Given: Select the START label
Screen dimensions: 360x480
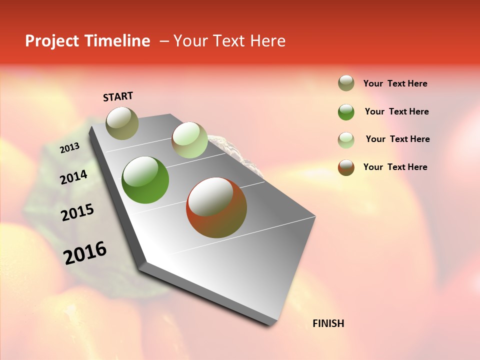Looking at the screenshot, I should pos(118,96).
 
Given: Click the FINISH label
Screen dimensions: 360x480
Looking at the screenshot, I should pos(328,323).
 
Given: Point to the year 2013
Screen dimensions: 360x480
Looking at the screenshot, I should pos(69,148).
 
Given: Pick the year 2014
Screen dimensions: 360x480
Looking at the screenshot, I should pos(73,177).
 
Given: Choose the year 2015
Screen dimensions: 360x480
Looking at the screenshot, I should pos(77,212).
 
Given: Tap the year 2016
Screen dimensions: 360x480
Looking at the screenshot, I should pos(85,253).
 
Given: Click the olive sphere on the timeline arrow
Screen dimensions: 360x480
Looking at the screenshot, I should pos(122,123).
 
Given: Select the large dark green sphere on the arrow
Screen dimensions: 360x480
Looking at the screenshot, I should pos(145,180).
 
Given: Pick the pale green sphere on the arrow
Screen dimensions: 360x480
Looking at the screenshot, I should pos(189,140).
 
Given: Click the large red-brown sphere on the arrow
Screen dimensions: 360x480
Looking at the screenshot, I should pos(216,207).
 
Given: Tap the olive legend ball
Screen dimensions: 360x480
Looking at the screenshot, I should pos(346,83).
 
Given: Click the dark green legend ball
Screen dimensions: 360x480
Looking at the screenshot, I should pos(346,112).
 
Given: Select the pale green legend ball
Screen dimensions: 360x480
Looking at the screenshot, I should pos(346,140).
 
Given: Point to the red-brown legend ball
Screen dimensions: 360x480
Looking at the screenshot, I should pos(346,167).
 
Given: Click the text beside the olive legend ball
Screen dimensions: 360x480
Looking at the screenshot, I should pos(395,83).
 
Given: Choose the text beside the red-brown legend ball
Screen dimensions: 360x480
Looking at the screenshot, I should pos(395,167).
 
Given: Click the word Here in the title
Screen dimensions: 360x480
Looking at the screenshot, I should pos(268,41).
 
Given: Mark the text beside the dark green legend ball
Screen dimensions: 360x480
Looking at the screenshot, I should pos(396,111).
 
